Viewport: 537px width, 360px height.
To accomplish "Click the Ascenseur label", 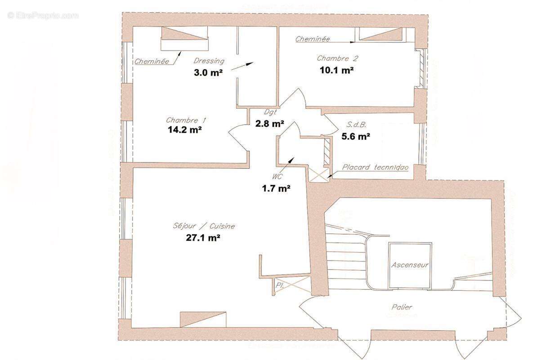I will [x=410, y=265].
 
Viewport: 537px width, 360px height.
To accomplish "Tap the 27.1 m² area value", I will [x=203, y=238].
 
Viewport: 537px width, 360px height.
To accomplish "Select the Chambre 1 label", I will [x=186, y=120].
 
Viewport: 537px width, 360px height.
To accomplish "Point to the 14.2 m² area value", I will [x=184, y=130].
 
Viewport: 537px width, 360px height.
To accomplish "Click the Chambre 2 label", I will [x=337, y=58].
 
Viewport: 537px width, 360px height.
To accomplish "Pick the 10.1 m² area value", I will [x=336, y=70].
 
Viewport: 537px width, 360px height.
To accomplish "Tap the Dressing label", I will [x=209, y=61].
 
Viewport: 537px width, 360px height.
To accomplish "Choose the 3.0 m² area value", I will [x=208, y=72].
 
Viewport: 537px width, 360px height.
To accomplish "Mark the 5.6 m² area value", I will [x=356, y=135].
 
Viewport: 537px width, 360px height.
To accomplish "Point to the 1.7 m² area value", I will [x=276, y=189].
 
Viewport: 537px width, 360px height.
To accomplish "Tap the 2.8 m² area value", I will [x=269, y=124].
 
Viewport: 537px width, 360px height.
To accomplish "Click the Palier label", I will [x=401, y=307].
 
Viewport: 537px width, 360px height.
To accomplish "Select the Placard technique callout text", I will [x=375, y=167].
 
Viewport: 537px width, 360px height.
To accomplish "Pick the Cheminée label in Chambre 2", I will [x=313, y=39].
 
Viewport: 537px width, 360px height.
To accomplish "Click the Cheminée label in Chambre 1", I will [x=152, y=61].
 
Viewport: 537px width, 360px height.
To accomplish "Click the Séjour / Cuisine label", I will [x=204, y=226].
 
